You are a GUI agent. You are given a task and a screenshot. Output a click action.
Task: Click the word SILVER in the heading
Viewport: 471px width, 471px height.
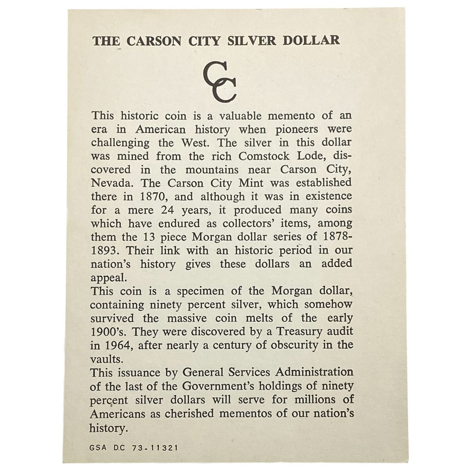pos(251,41)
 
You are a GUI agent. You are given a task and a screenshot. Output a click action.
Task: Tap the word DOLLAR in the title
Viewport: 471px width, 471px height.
pos(311,41)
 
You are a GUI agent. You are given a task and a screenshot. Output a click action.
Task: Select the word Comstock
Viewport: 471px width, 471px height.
pos(264,156)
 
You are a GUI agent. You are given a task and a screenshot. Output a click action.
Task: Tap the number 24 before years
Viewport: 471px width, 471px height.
pos(168,210)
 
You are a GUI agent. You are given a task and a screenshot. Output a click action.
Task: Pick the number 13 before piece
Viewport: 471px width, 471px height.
pos(149,237)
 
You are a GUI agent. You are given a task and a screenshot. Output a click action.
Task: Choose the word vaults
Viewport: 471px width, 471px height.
pos(106,359)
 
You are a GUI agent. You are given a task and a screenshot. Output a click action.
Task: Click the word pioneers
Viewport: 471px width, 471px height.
pos(296,130)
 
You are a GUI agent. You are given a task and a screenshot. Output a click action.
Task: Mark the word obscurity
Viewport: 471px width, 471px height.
pos(294,345)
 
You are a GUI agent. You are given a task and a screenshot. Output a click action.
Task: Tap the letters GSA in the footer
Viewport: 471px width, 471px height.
pos(98,448)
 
